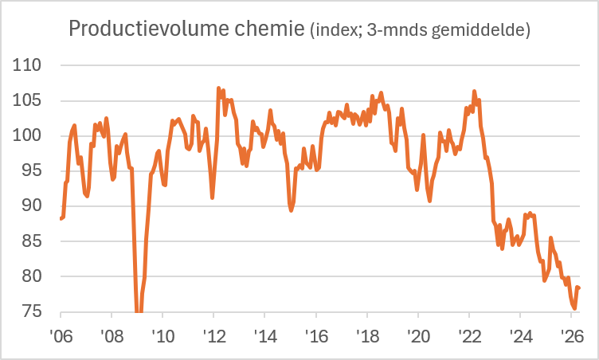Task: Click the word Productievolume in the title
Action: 149,29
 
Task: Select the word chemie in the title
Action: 269,29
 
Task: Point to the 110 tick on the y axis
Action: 27,65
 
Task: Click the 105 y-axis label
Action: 27,100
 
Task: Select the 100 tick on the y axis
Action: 27,135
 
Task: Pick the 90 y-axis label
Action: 32,205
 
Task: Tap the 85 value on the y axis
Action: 32,241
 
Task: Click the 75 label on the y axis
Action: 32,311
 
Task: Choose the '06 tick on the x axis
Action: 61,336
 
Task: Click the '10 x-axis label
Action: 163,336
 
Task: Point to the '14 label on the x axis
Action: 265,336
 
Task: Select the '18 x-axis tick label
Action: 367,336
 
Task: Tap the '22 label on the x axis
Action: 469,336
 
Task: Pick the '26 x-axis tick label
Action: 572,336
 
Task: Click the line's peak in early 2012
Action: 218,88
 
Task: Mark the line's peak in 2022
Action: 474,92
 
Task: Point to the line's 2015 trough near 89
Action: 291,210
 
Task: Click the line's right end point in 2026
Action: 579,288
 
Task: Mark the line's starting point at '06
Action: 61,218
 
